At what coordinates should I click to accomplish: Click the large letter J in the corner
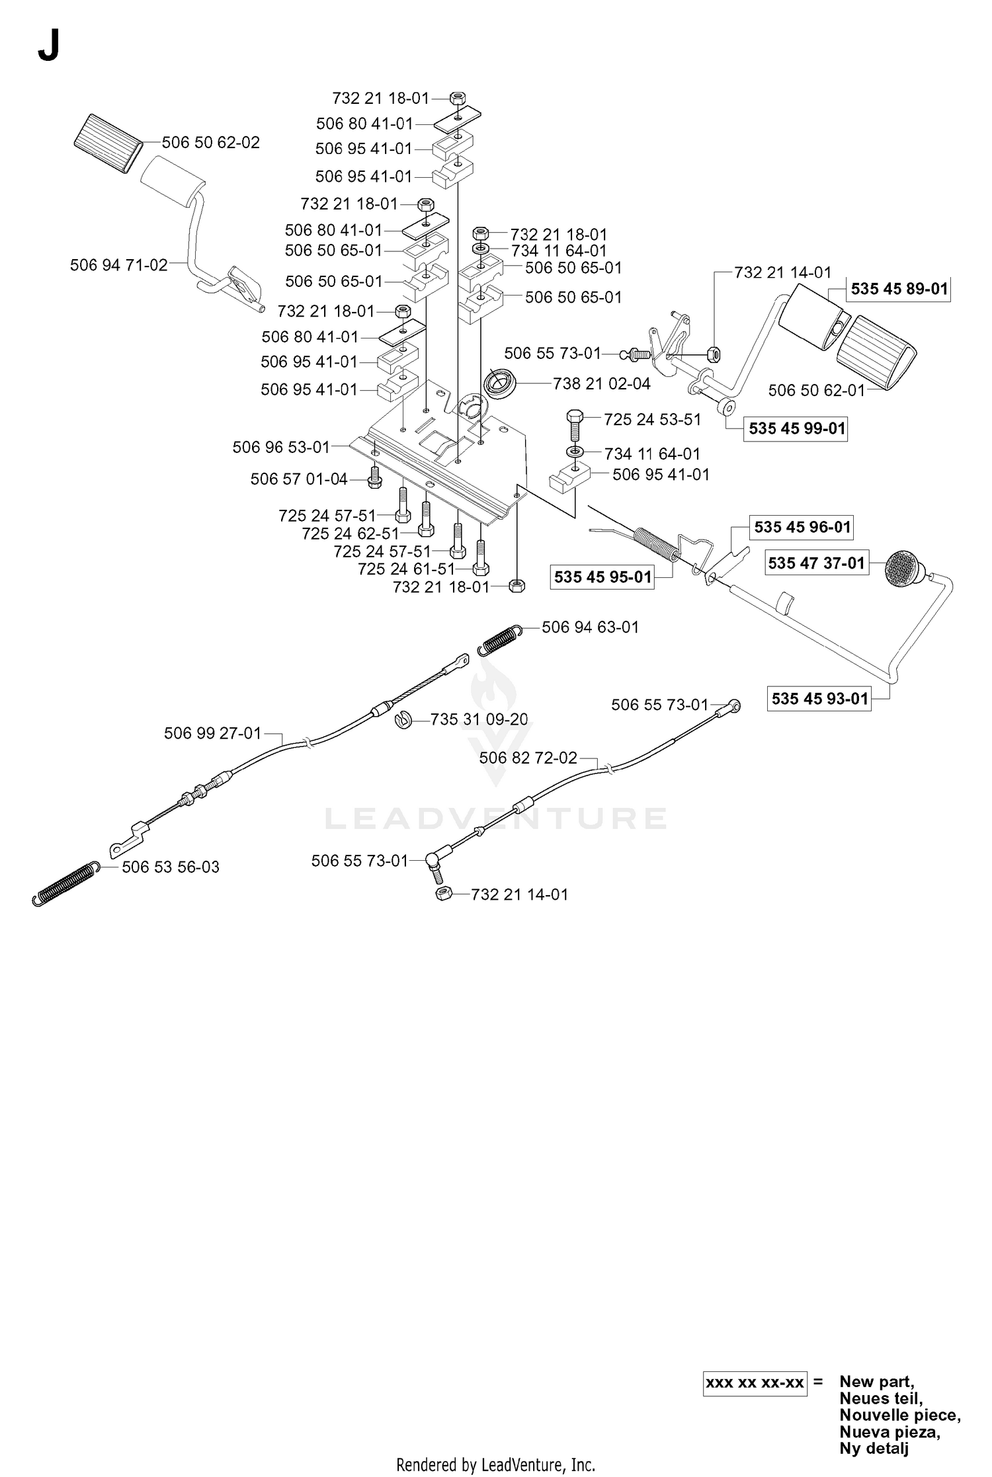pyautogui.click(x=49, y=46)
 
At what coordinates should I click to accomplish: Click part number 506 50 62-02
pyautogui.click(x=211, y=142)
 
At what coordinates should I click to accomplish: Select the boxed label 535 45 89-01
pyautogui.click(x=899, y=289)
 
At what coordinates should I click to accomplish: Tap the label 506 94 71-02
pyautogui.click(x=119, y=265)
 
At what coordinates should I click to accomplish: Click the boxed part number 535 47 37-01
pyautogui.click(x=816, y=563)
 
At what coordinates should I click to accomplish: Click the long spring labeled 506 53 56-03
pyautogui.click(x=66, y=883)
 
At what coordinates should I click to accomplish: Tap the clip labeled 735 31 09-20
pyautogui.click(x=403, y=720)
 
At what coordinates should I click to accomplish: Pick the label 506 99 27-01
pyautogui.click(x=213, y=733)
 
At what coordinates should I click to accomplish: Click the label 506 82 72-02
pyautogui.click(x=528, y=758)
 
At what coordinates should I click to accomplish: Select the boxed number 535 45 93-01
pyautogui.click(x=819, y=699)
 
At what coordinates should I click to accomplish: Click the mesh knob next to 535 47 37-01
pyautogui.click(x=905, y=567)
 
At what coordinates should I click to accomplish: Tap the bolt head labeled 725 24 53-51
pyautogui.click(x=573, y=417)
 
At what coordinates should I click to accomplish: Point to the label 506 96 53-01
pyautogui.click(x=281, y=448)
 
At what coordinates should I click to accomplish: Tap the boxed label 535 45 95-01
pyautogui.click(x=602, y=577)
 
